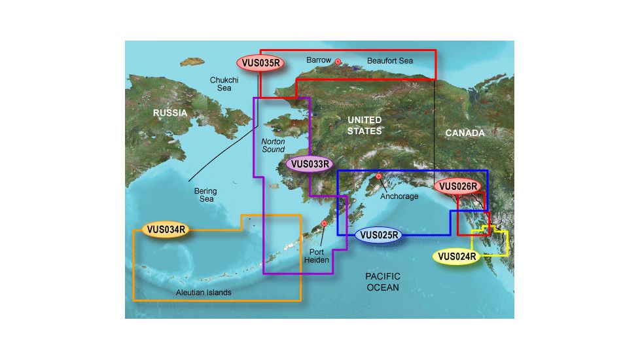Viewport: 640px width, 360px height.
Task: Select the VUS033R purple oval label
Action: click(310, 164)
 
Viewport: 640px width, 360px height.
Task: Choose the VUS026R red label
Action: click(459, 186)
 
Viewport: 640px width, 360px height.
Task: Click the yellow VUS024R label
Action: click(457, 256)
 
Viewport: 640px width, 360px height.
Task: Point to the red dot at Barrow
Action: click(338, 62)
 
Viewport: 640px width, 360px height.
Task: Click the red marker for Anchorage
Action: click(378, 176)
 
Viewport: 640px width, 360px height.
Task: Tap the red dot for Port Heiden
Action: click(325, 224)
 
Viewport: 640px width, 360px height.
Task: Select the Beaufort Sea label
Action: click(390, 61)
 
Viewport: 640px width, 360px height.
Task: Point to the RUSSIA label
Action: click(170, 113)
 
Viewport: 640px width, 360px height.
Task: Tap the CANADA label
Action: click(465, 133)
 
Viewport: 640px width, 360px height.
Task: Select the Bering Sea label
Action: click(205, 195)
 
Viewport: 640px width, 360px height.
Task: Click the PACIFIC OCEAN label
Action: click(383, 282)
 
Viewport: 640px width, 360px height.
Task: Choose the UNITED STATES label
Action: click(364, 125)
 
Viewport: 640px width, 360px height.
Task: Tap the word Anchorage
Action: click(399, 196)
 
